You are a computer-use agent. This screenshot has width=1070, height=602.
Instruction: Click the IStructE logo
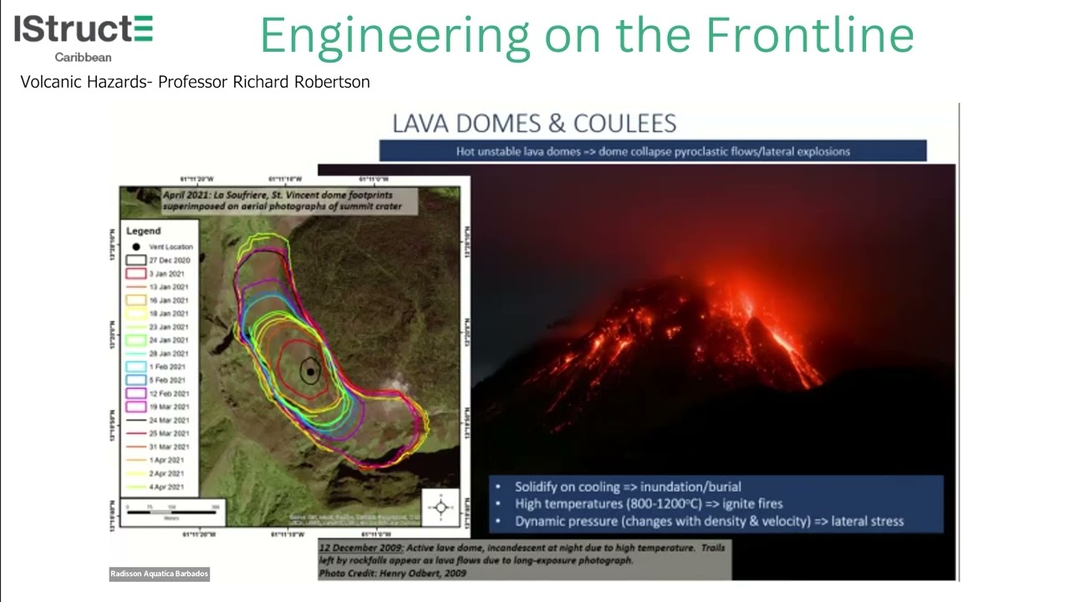click(84, 30)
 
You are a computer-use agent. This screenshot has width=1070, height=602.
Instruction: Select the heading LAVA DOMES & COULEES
click(534, 124)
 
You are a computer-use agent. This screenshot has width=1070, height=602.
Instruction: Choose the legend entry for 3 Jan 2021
click(168, 273)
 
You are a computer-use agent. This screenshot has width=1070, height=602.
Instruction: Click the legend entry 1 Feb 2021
click(168, 367)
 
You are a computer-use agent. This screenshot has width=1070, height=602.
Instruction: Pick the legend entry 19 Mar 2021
click(168, 407)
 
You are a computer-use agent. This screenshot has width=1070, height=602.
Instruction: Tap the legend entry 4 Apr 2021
click(168, 487)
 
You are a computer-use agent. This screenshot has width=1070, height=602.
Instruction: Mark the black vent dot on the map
click(310, 372)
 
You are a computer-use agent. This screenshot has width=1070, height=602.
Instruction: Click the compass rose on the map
click(441, 507)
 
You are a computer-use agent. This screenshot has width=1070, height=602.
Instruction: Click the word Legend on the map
click(143, 231)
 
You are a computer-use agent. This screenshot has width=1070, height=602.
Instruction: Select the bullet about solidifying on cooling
click(628, 487)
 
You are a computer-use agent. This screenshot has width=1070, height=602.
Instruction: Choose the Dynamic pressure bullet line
click(709, 521)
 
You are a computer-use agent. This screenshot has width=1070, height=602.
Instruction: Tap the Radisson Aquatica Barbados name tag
click(159, 574)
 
